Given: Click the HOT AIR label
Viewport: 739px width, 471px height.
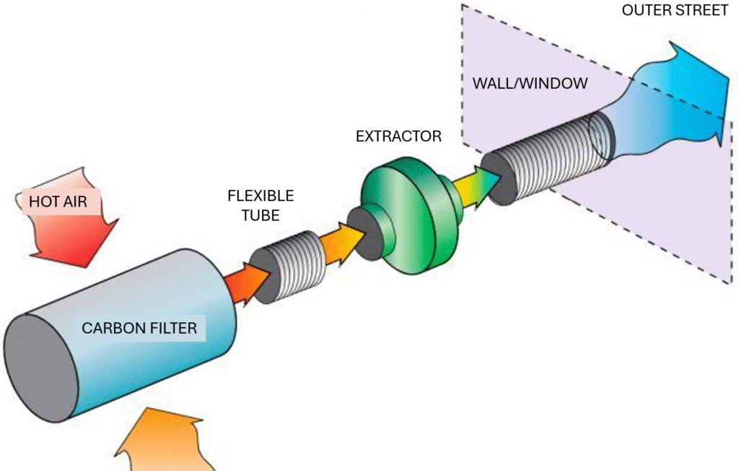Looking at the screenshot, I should coord(58,202).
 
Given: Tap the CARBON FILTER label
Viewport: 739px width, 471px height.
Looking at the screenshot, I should coord(139,329).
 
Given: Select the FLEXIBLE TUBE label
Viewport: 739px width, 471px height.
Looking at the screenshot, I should coord(261,206).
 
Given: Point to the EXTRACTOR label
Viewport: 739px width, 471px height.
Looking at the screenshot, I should coord(398,136).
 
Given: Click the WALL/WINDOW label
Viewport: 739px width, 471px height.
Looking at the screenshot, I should coord(530,83).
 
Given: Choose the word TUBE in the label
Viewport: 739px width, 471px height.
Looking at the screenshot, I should coord(261,215).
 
